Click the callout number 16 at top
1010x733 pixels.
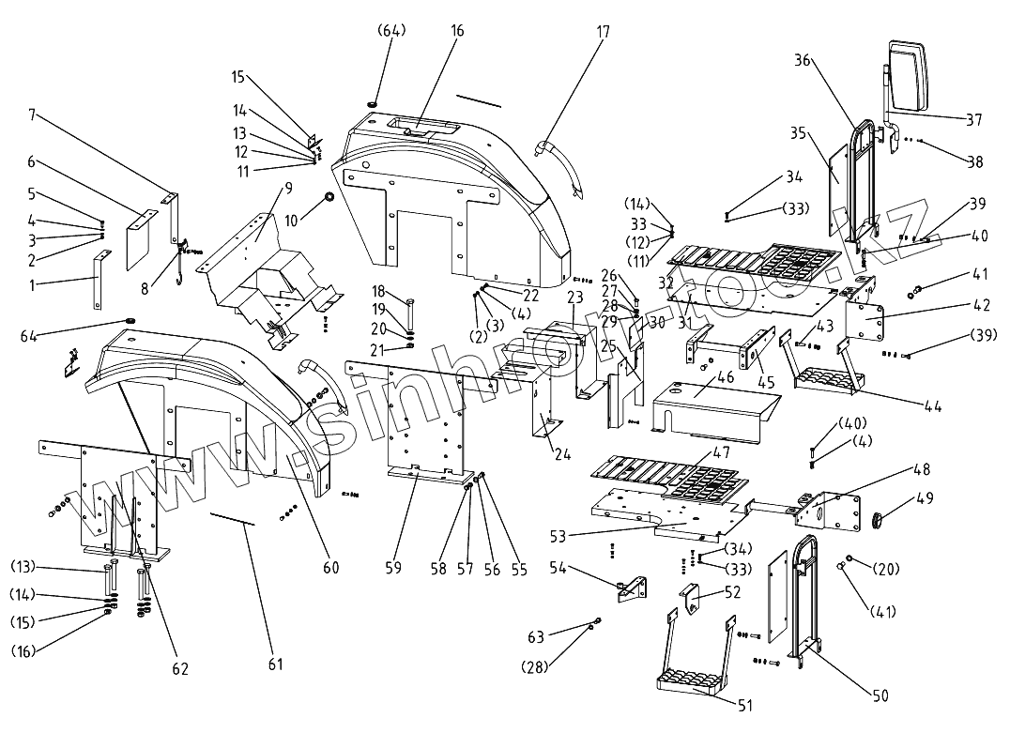click(x=457, y=31)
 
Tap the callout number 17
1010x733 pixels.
click(x=603, y=31)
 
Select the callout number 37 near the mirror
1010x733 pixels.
click(x=973, y=119)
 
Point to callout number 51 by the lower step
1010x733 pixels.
click(x=744, y=705)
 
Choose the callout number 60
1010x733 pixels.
click(x=330, y=567)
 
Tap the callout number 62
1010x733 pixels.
click(x=180, y=668)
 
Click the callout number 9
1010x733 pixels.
click(x=288, y=188)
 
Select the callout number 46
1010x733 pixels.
click(x=726, y=376)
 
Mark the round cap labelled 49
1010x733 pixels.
click(x=876, y=518)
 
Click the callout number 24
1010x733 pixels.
click(x=562, y=454)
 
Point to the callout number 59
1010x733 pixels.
click(x=393, y=568)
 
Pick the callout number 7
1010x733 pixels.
click(x=32, y=115)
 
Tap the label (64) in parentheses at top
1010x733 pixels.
click(x=390, y=31)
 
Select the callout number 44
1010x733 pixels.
click(x=933, y=405)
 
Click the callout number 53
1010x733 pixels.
click(x=558, y=536)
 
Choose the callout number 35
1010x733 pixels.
click(x=798, y=133)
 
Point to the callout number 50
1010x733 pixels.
click(x=880, y=695)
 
